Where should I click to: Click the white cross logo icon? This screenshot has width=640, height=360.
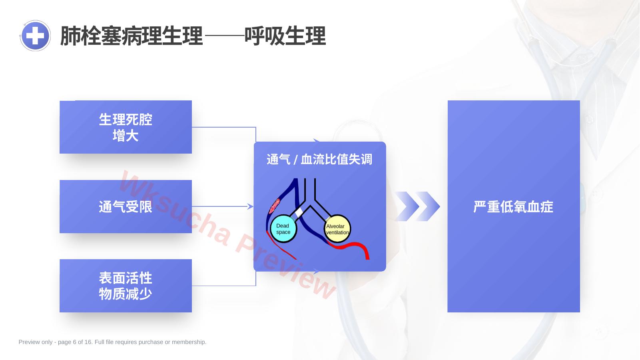[x=35, y=36]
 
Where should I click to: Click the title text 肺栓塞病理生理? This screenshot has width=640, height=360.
[x=132, y=36]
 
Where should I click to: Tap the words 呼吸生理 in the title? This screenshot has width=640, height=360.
[x=285, y=36]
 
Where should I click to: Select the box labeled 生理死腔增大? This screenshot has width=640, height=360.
[x=126, y=127]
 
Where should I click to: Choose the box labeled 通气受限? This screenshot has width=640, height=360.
[x=126, y=206]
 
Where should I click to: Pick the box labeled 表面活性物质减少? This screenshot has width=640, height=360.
[x=126, y=286]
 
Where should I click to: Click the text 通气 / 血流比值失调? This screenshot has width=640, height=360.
[x=319, y=159]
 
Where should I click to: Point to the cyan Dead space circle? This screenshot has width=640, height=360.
[x=283, y=229]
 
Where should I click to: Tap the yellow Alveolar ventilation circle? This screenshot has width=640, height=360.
[x=337, y=229]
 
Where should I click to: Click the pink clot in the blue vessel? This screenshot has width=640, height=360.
[x=275, y=206]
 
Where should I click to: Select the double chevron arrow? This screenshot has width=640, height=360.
[x=417, y=206]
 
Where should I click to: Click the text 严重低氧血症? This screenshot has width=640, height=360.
[x=513, y=207]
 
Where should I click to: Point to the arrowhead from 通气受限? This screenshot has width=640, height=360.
[x=250, y=206]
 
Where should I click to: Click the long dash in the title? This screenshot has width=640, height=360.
[x=225, y=36]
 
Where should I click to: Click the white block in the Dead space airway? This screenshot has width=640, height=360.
[x=299, y=213]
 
